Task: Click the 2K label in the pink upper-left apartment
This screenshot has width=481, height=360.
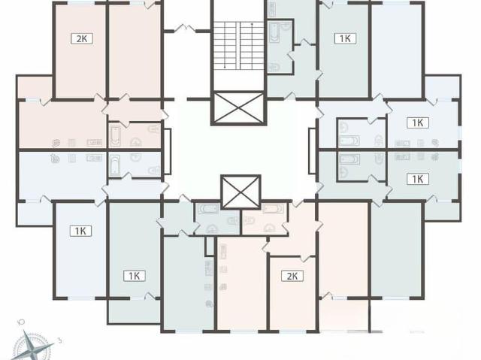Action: click(x=82, y=39)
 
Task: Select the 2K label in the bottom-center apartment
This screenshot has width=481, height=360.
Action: click(x=292, y=276)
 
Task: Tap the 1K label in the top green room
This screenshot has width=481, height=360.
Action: click(x=345, y=38)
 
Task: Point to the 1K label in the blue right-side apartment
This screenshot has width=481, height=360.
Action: click(x=418, y=123)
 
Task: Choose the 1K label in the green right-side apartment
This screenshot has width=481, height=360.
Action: click(x=418, y=179)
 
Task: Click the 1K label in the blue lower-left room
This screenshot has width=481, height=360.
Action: click(x=80, y=231)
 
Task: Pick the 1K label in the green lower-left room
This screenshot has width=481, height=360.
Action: click(x=134, y=276)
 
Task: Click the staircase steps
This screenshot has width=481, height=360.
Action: click(x=239, y=46)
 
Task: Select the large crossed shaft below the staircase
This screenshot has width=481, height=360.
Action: click(x=239, y=108)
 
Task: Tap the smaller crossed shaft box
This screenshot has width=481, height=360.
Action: click(x=240, y=192)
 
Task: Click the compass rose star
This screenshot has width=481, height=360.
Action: click(x=33, y=346)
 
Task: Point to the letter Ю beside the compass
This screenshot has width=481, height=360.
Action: click(x=22, y=322)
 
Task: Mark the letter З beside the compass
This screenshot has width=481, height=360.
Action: click(x=60, y=340)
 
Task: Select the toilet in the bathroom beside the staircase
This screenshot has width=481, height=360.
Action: click(x=274, y=67)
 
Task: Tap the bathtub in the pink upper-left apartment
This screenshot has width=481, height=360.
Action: click(x=115, y=136)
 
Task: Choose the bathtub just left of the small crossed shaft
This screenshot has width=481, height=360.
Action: click(x=208, y=209)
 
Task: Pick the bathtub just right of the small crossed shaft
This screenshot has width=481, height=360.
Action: click(x=273, y=209)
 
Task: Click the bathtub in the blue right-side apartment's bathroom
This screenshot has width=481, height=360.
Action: click(x=349, y=141)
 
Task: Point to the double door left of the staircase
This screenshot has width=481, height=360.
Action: click(x=185, y=29)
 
